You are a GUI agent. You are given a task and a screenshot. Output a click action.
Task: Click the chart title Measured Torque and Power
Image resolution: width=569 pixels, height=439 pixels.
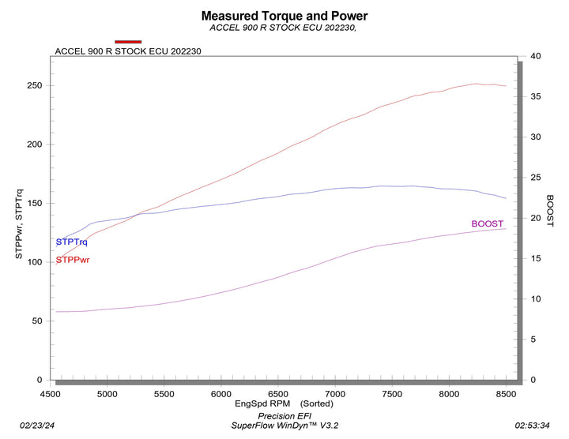284,15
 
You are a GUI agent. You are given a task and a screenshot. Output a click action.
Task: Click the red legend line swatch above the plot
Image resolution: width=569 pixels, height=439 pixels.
128,41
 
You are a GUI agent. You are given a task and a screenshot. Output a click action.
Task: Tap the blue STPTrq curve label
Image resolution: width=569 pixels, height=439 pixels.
71,242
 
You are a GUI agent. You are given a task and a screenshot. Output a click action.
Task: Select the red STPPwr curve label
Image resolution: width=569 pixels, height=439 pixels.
72,260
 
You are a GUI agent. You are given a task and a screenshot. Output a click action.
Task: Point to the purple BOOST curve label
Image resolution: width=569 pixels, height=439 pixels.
487,223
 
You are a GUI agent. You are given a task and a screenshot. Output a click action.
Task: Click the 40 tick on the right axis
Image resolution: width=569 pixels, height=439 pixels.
536,56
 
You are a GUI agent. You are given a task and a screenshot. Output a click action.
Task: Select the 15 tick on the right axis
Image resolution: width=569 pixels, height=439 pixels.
536,258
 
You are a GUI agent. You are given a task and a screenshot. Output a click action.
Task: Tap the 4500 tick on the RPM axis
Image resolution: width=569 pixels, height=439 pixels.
50,394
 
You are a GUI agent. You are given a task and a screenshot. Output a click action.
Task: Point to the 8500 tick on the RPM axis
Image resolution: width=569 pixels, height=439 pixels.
506,394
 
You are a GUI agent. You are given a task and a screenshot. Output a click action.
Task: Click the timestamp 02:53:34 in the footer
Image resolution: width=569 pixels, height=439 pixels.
532,425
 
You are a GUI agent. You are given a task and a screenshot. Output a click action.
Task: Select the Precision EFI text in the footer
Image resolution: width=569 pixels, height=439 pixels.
284,415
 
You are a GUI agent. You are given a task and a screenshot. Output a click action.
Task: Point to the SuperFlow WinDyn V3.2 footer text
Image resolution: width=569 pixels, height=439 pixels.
284,426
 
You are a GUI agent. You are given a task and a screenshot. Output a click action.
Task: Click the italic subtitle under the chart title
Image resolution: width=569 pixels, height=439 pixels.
284,28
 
